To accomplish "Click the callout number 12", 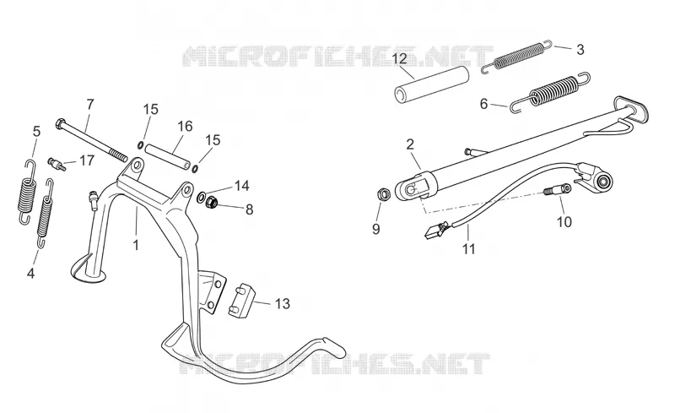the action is [400, 58].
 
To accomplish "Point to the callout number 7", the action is [90, 105].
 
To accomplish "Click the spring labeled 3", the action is [516, 55].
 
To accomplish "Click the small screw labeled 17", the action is [56, 163].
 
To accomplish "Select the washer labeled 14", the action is [202, 198].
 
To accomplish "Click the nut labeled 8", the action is [212, 201].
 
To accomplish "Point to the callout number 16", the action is [185, 127].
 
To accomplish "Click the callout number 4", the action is [30, 274].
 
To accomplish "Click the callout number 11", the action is [469, 249].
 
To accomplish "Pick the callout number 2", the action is [410, 144].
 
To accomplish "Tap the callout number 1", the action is [136, 245].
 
